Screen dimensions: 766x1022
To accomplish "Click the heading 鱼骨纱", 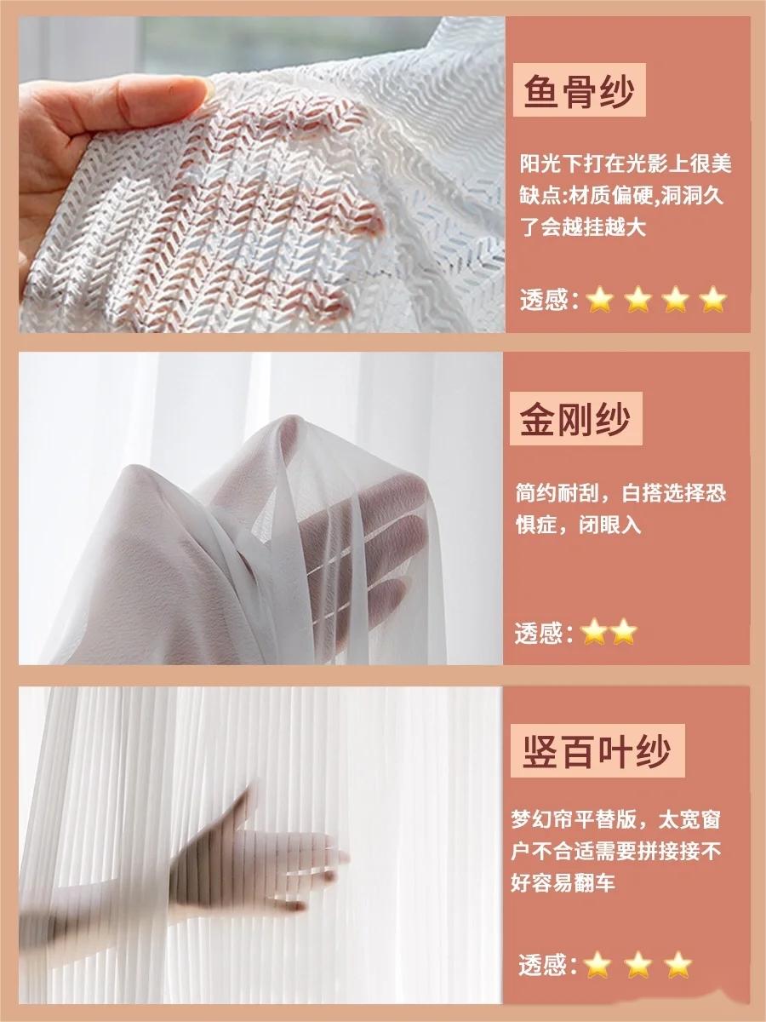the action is pyautogui.click(x=579, y=90).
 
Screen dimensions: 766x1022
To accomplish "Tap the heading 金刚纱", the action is pyautogui.click(x=575, y=418).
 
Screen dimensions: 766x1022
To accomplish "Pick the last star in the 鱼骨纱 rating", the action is pyautogui.click(x=713, y=300).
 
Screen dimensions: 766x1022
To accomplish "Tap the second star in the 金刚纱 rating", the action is pyautogui.click(x=624, y=631).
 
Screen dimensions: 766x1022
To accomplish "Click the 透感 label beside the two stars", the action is pyautogui.click(x=544, y=633).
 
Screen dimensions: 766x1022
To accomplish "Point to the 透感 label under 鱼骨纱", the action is pyautogui.click(x=549, y=301).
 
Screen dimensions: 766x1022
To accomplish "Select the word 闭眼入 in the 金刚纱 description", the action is pyautogui.click(x=609, y=525).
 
